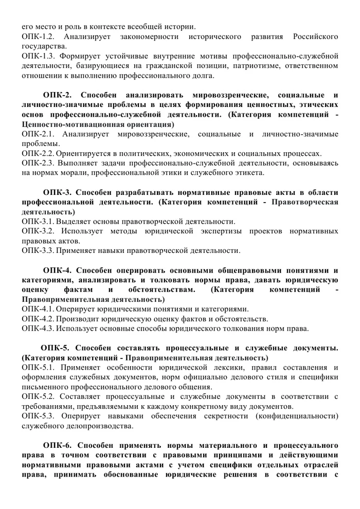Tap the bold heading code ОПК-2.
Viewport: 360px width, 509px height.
pos(60,95)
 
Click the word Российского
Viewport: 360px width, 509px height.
pos(315,37)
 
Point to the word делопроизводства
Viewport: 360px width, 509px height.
pos(92,426)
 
